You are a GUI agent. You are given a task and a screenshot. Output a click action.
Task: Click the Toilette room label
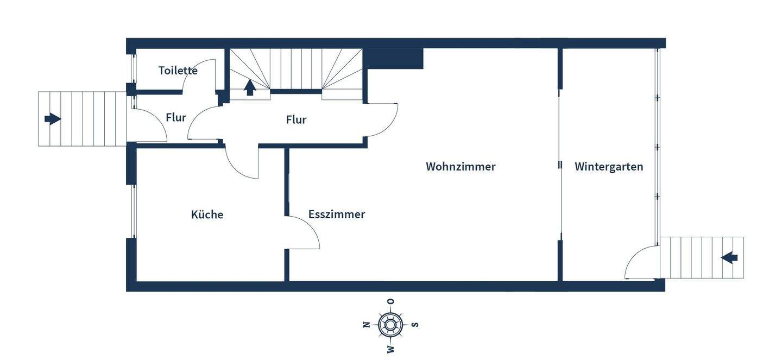pos(178,71)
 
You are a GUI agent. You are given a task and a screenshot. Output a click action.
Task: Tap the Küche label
pos(207,214)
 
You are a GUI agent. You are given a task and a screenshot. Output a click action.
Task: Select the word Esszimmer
pos(336,214)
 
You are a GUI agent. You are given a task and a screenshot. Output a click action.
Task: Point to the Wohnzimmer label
pos(461,167)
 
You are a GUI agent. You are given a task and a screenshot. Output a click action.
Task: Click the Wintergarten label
pos(609,167)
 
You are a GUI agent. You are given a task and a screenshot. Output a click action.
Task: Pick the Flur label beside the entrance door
pos(176,117)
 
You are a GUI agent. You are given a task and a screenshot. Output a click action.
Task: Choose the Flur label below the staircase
pos(296,119)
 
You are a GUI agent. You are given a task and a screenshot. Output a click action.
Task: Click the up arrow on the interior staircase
pos(250,87)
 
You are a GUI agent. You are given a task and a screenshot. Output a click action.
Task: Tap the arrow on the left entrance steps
pos(53,118)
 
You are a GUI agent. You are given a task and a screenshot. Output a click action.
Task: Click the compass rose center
pos(390,325)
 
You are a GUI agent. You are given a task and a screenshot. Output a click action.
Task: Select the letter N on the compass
pos(366,325)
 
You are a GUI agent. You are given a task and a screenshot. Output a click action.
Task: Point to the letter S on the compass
pos(415,325)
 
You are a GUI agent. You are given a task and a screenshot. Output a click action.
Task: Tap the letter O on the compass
pos(390,301)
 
